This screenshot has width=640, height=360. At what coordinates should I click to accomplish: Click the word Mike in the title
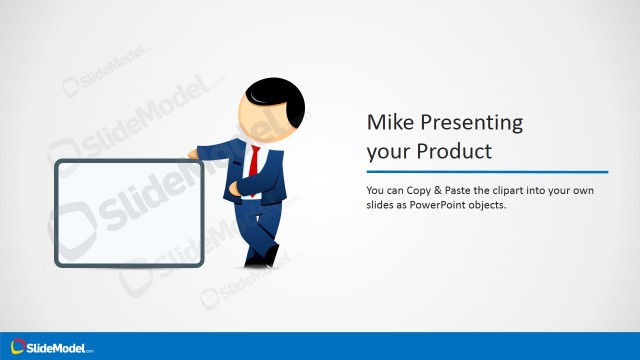click(387, 123)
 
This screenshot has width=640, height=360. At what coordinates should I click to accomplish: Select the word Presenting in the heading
click(468, 123)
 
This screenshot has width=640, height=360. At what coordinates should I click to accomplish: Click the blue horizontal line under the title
click(486, 171)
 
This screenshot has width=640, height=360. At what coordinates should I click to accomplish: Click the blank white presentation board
click(129, 213)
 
